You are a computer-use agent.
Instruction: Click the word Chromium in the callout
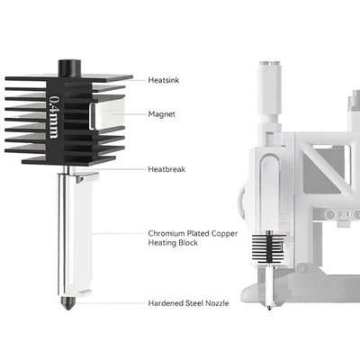click(165, 234)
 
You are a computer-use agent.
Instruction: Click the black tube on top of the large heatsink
click(69, 68)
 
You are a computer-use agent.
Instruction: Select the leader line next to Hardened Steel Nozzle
click(117, 303)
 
